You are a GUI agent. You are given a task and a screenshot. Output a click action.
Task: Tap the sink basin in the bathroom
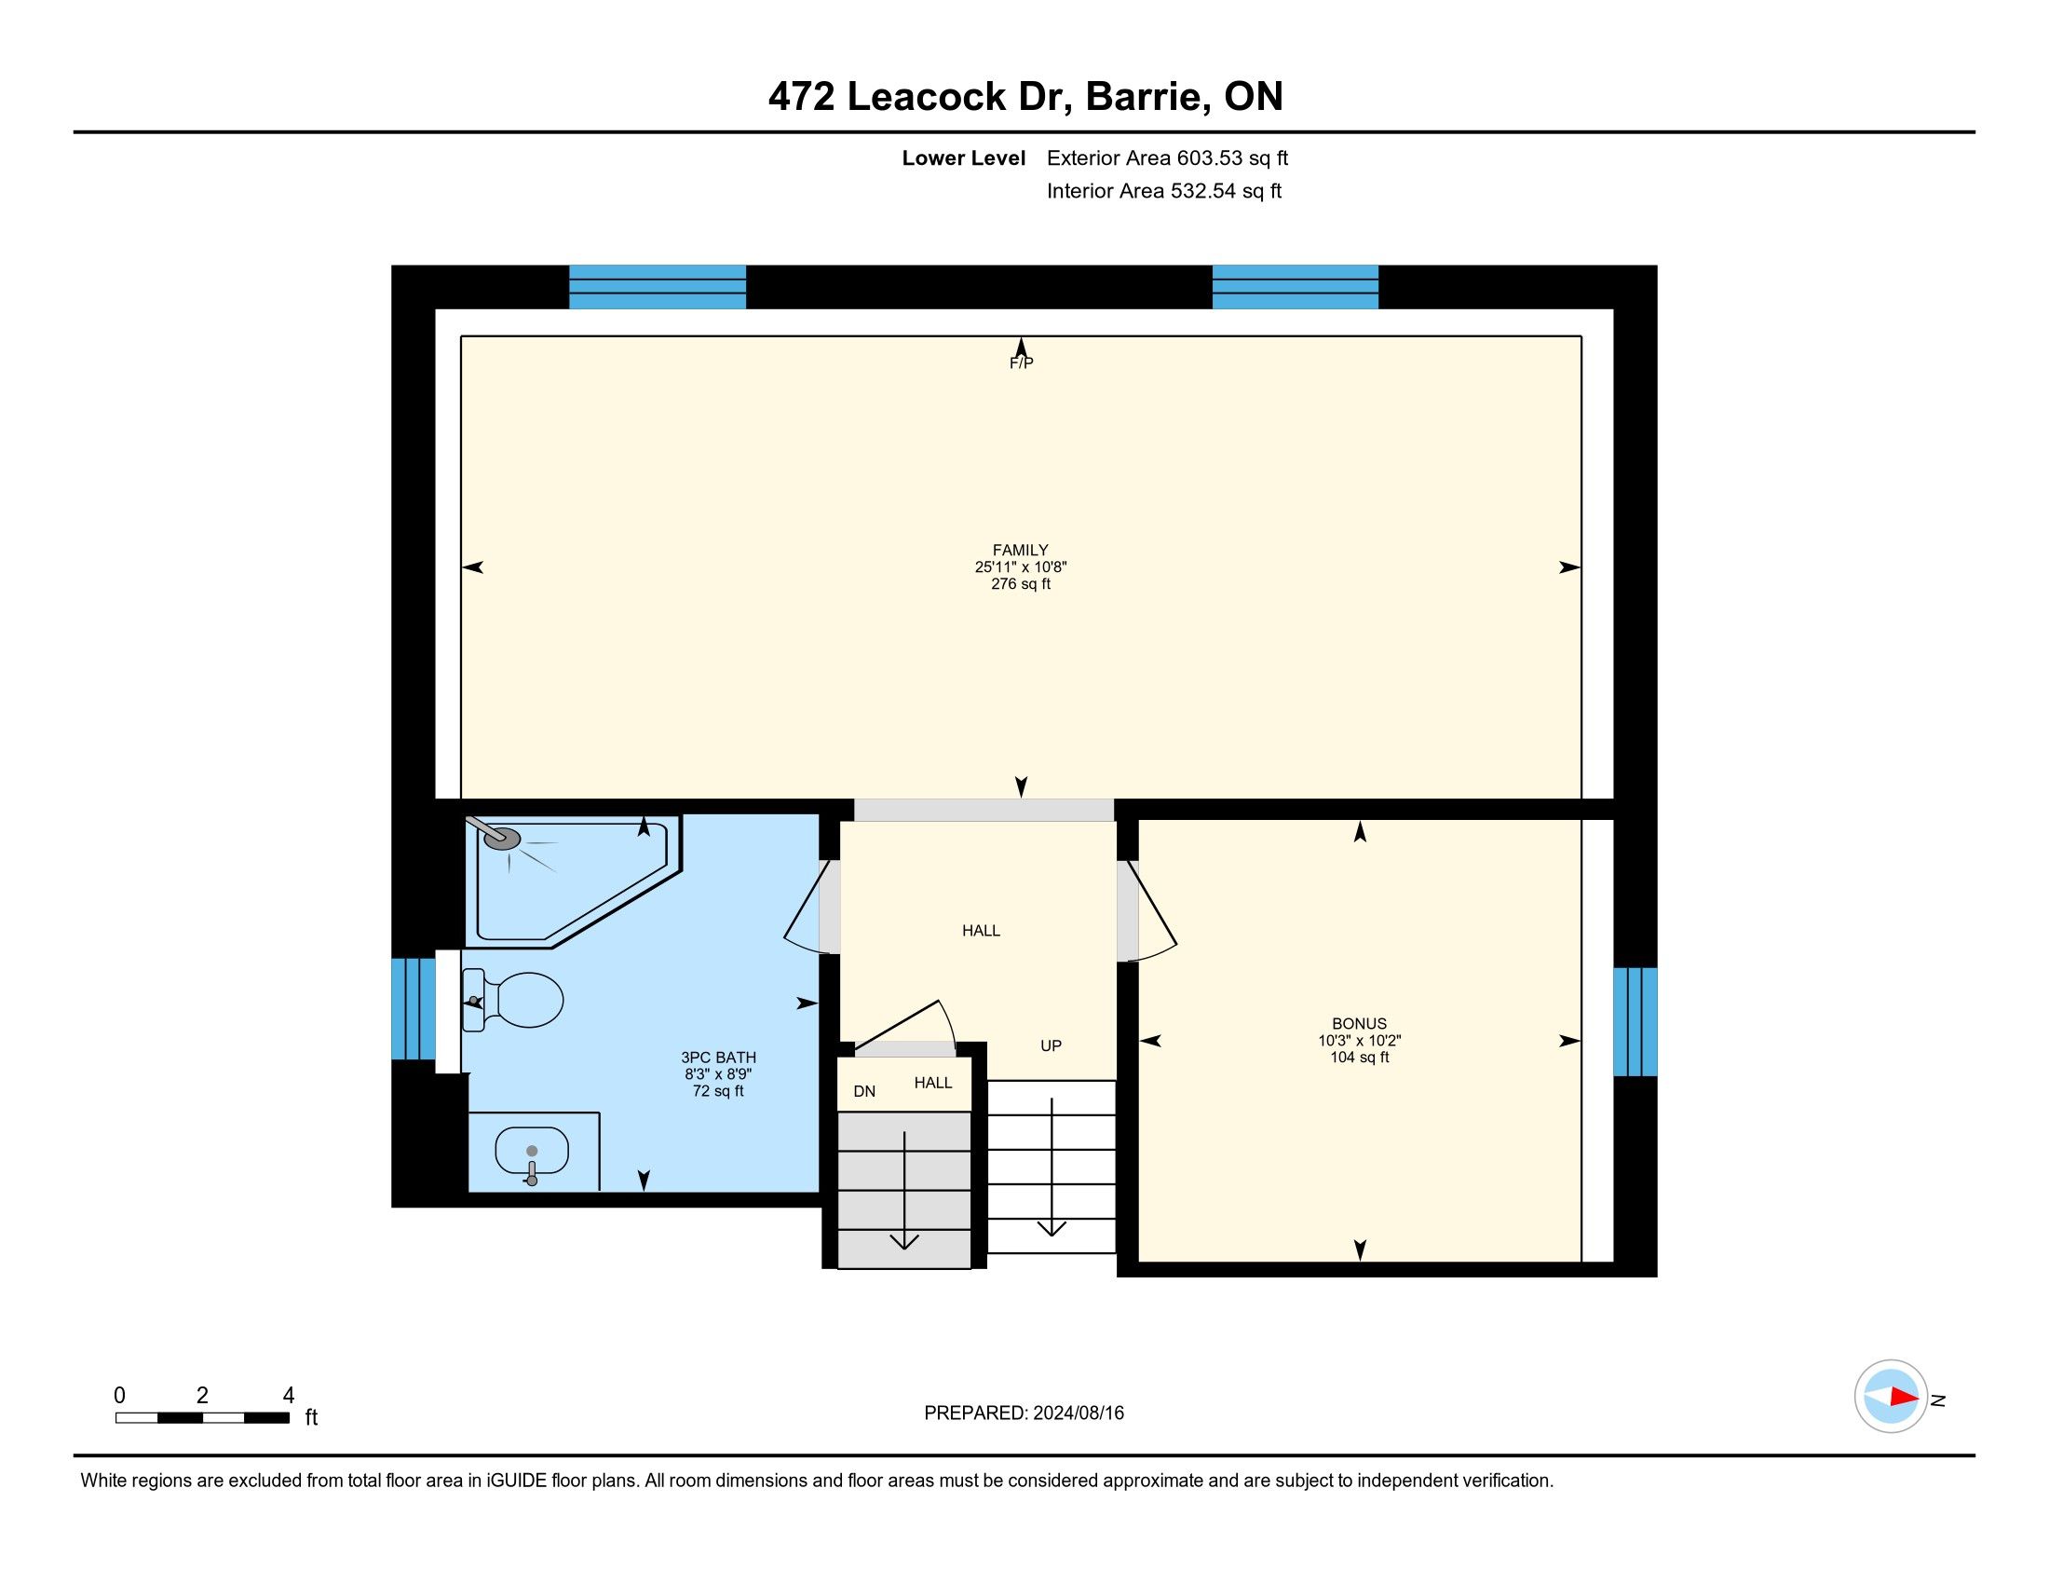pos(532,1151)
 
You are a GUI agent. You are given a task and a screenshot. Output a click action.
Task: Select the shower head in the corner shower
pos(502,837)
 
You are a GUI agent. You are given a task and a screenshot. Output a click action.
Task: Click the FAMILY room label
pos(1021,550)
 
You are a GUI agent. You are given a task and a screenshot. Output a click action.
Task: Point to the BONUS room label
pos(1359,1024)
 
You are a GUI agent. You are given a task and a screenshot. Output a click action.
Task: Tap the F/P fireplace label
pos(1021,363)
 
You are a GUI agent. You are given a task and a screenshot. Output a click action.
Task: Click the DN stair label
pos(864,1091)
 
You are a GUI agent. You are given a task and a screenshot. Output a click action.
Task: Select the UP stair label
pos(1051,1045)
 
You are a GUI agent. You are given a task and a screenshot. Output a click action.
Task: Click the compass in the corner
pos(1891,1397)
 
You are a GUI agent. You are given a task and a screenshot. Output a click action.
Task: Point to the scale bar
pos(202,1418)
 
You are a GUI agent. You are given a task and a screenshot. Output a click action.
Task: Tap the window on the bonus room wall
pos(1635,1022)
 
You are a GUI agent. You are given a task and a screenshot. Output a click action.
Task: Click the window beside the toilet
pos(413,1009)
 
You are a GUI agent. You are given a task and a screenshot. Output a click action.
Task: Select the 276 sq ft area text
pos(1021,583)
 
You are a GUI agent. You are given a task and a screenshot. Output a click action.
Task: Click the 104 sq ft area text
pos(1359,1058)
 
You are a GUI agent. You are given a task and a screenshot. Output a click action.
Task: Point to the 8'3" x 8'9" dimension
pos(718,1074)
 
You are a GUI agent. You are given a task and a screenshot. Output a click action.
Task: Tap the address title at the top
pos(1025,97)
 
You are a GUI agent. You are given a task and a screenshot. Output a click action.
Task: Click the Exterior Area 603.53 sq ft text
pos(1167,158)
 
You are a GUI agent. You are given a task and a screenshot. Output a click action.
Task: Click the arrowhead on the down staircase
pos(904,1240)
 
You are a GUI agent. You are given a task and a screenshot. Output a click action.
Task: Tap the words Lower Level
pos(964,158)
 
